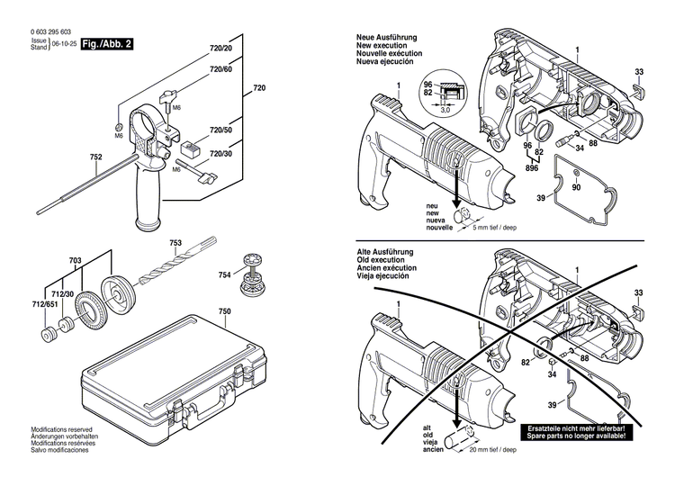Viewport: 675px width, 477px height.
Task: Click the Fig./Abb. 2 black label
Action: click(106, 42)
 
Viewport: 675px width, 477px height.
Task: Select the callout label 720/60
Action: click(220, 69)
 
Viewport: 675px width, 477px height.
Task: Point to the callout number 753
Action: click(175, 244)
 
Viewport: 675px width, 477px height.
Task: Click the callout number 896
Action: click(533, 167)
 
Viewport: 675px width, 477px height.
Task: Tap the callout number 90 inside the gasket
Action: click(577, 187)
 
